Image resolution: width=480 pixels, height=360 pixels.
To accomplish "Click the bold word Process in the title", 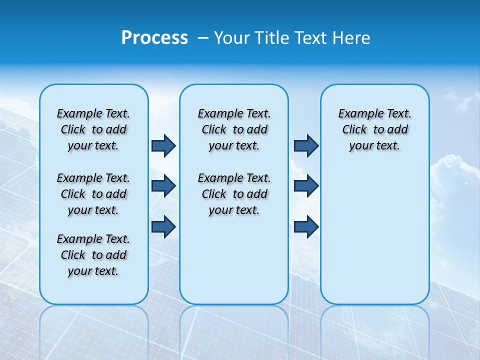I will point(154,38).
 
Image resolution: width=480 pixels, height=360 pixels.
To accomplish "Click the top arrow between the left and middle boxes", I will point(163,145).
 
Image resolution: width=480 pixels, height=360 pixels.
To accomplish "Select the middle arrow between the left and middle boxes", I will point(163,186).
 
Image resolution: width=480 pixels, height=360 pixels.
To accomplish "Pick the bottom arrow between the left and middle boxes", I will point(163,226).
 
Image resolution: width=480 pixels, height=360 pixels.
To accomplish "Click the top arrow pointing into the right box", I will point(306,145).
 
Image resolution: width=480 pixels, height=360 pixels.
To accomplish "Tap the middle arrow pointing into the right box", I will point(306,186).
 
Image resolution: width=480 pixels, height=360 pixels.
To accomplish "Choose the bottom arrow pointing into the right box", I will point(306,226).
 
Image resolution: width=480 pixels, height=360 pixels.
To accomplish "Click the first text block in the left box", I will point(93,129).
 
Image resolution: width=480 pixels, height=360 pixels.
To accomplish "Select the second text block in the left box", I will point(93,194).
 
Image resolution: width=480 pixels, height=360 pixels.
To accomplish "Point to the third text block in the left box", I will point(93,255).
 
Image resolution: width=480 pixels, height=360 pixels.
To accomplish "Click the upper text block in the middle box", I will point(234,129).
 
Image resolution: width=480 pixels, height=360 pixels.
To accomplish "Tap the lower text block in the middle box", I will point(234,194).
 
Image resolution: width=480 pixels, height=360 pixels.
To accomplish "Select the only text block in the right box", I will point(375,129).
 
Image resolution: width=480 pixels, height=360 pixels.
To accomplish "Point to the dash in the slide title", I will point(203,38).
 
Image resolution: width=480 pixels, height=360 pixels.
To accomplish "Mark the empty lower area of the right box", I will point(375,235).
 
